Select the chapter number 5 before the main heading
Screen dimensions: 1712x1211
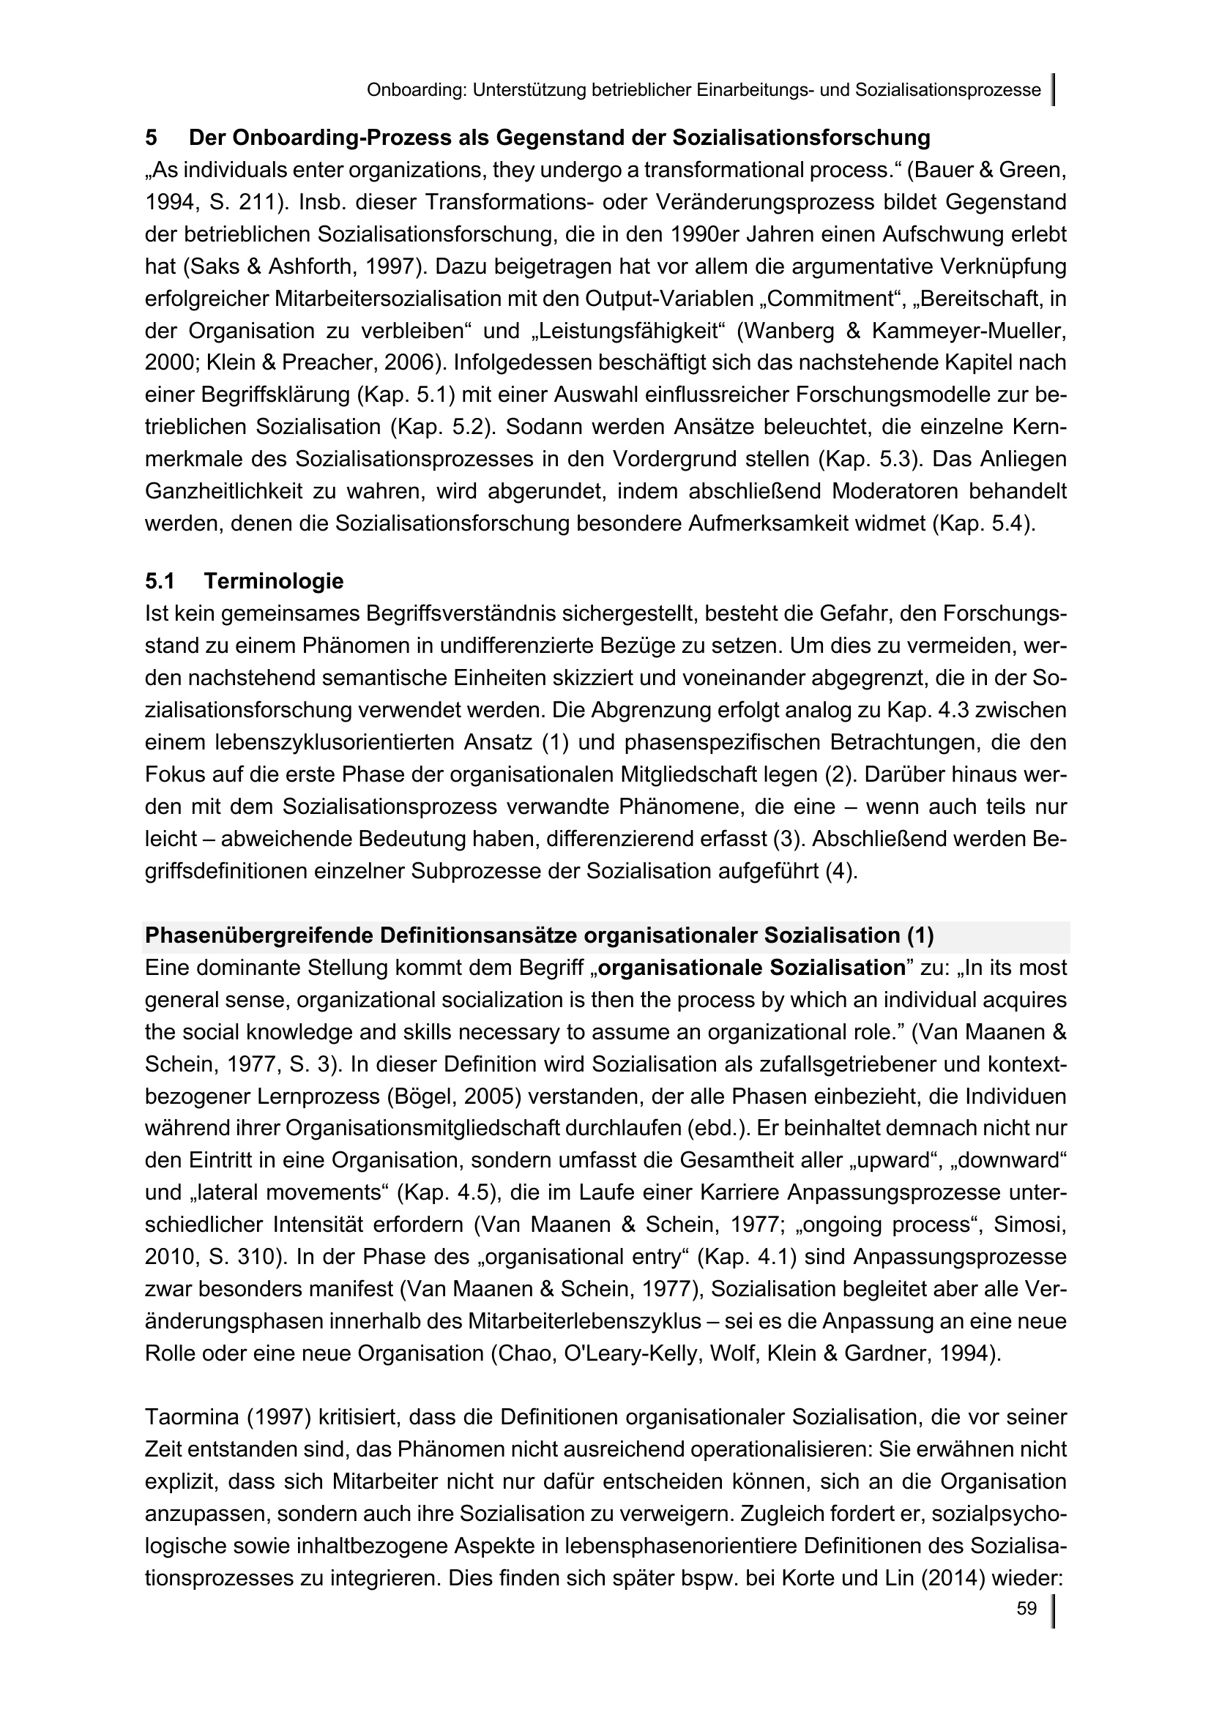tap(152, 138)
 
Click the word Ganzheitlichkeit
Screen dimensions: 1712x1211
tap(228, 491)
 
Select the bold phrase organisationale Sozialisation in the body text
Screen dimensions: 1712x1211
tap(752, 968)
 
